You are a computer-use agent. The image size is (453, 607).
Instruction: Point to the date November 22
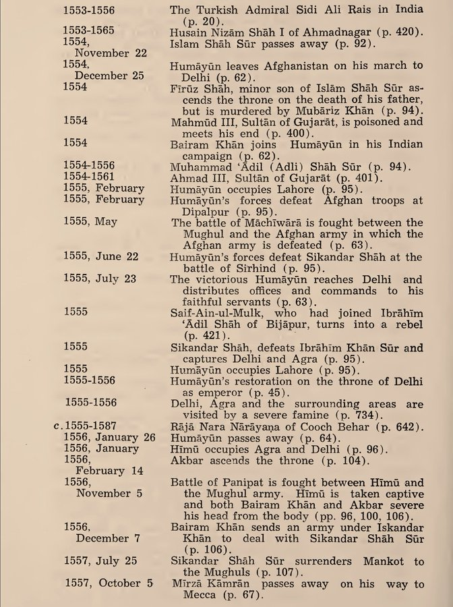click(x=110, y=53)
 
